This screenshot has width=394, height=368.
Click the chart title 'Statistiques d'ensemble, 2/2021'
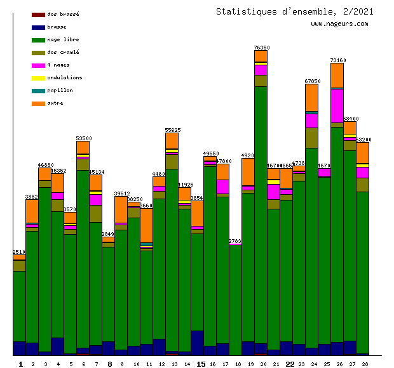294,11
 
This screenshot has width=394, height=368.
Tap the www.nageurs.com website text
339,24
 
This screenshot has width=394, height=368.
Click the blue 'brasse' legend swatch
38,27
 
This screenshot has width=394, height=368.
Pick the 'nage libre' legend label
63,39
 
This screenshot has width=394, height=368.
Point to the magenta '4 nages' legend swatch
38,65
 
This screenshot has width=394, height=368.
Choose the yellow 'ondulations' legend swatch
38,78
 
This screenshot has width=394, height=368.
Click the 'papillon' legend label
60,90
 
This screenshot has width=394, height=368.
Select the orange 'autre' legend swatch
38,103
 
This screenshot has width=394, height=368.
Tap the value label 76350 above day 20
261,48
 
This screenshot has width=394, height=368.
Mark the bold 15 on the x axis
200,364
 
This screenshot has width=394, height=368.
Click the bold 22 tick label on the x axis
289,364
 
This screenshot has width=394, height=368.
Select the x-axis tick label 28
365,364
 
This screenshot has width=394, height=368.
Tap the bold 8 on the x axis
109,364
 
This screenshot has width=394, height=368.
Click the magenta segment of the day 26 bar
337,105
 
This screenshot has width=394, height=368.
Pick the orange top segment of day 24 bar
311,97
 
